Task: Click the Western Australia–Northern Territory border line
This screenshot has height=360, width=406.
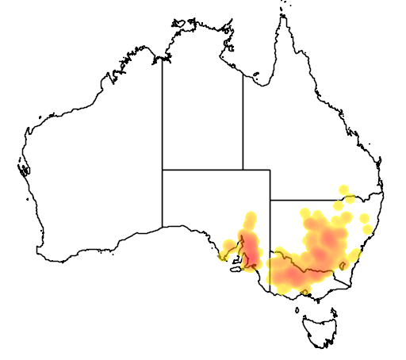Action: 163,111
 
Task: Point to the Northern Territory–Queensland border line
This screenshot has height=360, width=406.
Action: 243,119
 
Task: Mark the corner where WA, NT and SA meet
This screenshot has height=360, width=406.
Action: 163,169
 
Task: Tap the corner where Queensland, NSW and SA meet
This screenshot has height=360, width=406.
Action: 270,200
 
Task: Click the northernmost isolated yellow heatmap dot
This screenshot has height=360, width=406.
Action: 343,190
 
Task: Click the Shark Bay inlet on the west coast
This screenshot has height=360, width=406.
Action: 24,169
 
